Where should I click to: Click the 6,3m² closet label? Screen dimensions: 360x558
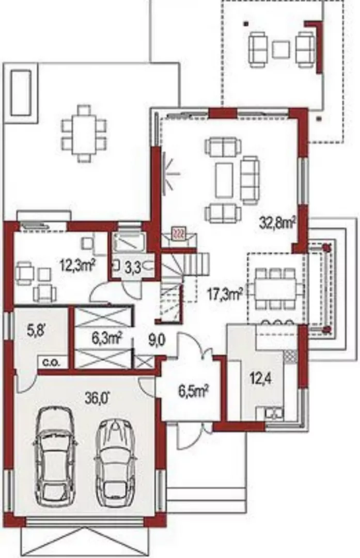tap(107, 338)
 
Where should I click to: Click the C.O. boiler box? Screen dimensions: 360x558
tap(52, 363)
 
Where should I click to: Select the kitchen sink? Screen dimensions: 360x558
tap(274, 414)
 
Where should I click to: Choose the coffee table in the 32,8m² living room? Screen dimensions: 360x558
tap(224, 180)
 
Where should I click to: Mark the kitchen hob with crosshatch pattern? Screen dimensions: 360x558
tap(290, 356)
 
